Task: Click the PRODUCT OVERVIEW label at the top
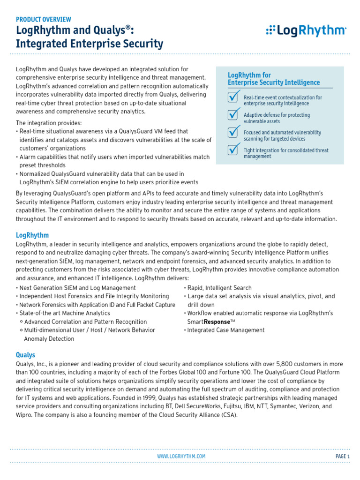tap(44, 19)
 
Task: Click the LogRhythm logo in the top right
tap(306, 31)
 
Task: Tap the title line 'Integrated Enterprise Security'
tap(90, 44)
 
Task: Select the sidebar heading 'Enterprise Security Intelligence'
tap(274, 82)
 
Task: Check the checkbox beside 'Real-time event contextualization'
tap(233, 97)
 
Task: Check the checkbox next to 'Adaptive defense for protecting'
tap(233, 115)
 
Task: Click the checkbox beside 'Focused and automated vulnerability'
tap(233, 133)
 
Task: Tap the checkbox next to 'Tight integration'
tap(233, 150)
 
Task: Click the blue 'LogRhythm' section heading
tap(32, 235)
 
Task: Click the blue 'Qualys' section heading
tap(25, 355)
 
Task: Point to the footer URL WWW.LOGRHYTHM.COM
tap(181, 456)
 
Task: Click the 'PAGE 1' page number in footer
tap(343, 456)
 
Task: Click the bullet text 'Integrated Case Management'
tap(225, 330)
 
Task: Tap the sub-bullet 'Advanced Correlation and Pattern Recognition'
tap(85, 322)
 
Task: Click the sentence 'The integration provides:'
tap(49, 123)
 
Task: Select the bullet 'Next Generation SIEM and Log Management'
tap(77, 288)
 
